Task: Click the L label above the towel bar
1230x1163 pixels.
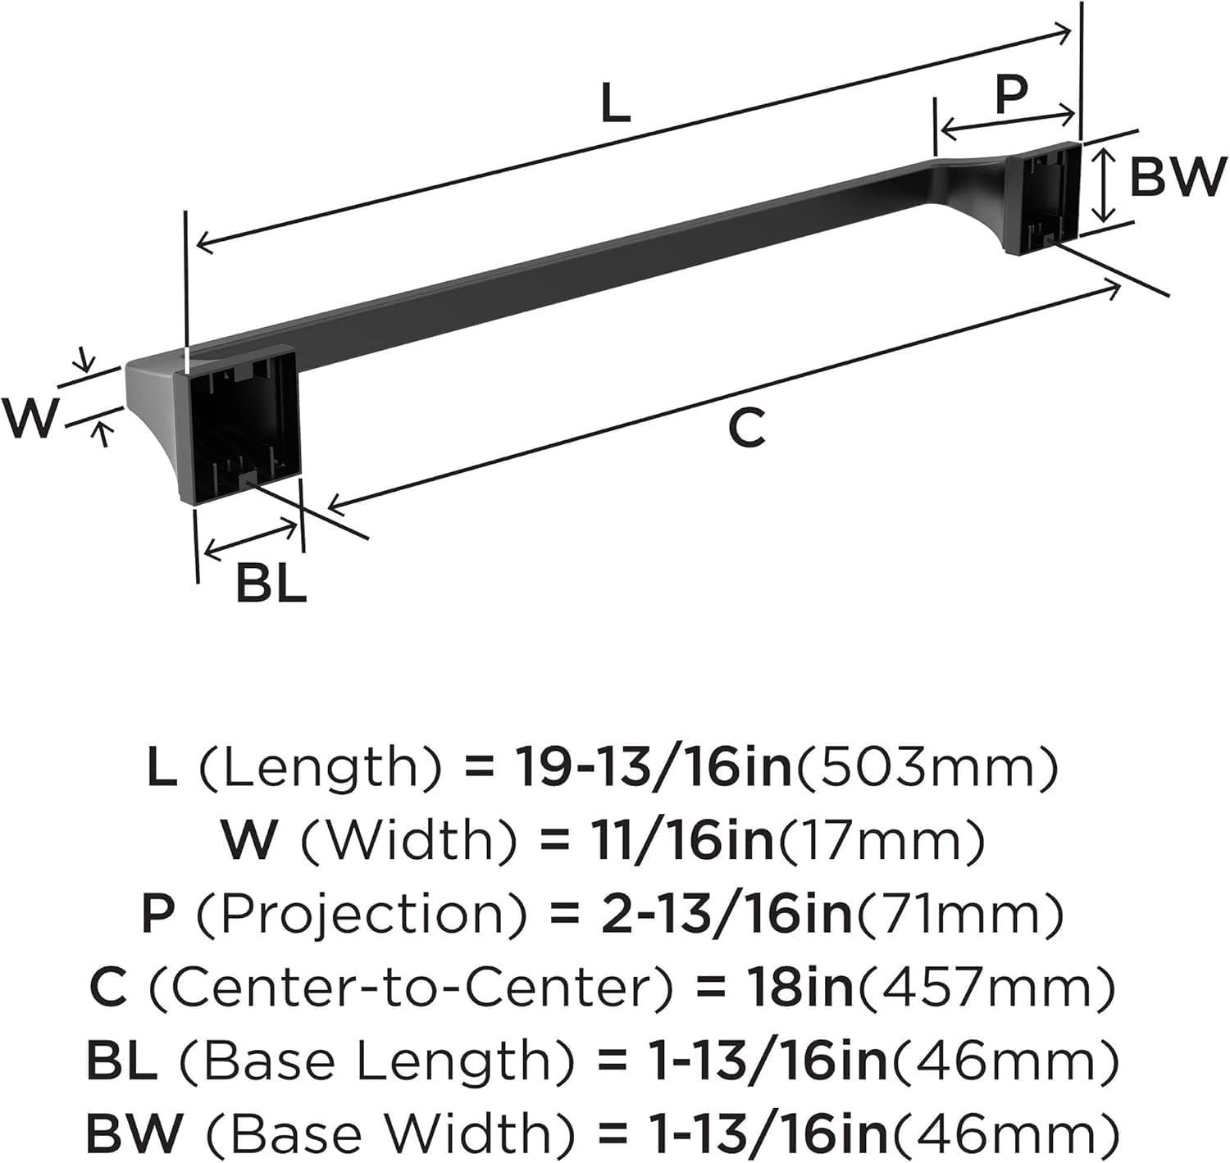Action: coord(616,104)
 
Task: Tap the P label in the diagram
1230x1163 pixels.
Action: coord(1012,94)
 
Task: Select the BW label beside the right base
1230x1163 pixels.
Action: coord(1177,177)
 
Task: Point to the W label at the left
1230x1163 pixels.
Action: coord(30,418)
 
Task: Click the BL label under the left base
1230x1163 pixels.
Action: coord(271,584)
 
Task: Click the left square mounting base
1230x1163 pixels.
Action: coord(239,426)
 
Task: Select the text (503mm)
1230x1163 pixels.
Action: coord(925,770)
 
